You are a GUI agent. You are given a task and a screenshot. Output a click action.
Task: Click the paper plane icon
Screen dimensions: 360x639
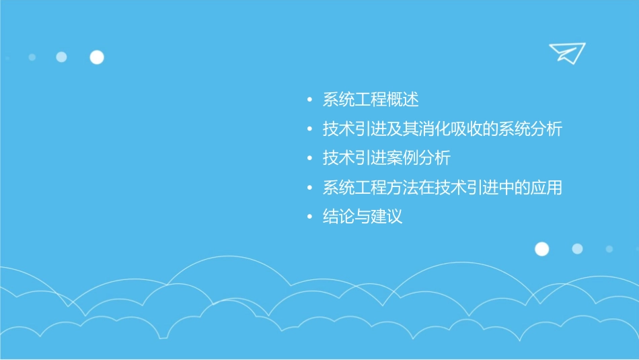click(x=566, y=52)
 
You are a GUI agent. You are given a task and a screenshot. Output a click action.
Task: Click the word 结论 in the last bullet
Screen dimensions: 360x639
click(x=339, y=217)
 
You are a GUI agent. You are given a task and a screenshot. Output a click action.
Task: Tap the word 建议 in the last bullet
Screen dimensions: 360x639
click(x=387, y=217)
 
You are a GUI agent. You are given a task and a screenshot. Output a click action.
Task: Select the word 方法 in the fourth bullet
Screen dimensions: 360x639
click(x=403, y=188)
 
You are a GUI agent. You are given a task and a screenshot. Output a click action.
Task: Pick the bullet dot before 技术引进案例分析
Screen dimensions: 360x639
click(x=309, y=159)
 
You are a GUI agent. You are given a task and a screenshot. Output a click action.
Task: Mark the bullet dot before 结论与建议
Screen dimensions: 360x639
click(x=309, y=217)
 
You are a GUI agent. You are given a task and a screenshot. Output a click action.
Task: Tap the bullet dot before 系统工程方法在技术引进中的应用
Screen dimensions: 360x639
click(x=309, y=188)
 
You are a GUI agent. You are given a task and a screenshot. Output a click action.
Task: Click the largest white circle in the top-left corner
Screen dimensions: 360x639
click(x=97, y=57)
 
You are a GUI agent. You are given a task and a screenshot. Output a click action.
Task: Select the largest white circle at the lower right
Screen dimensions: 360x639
click(x=541, y=249)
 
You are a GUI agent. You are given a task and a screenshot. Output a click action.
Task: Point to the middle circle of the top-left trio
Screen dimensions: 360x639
click(x=61, y=57)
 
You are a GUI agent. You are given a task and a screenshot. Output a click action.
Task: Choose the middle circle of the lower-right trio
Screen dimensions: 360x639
click(x=577, y=249)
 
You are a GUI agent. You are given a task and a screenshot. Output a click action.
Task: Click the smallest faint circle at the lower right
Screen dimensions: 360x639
click(x=609, y=249)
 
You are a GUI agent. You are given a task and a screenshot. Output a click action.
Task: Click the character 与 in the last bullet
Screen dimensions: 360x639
click(x=363, y=217)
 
